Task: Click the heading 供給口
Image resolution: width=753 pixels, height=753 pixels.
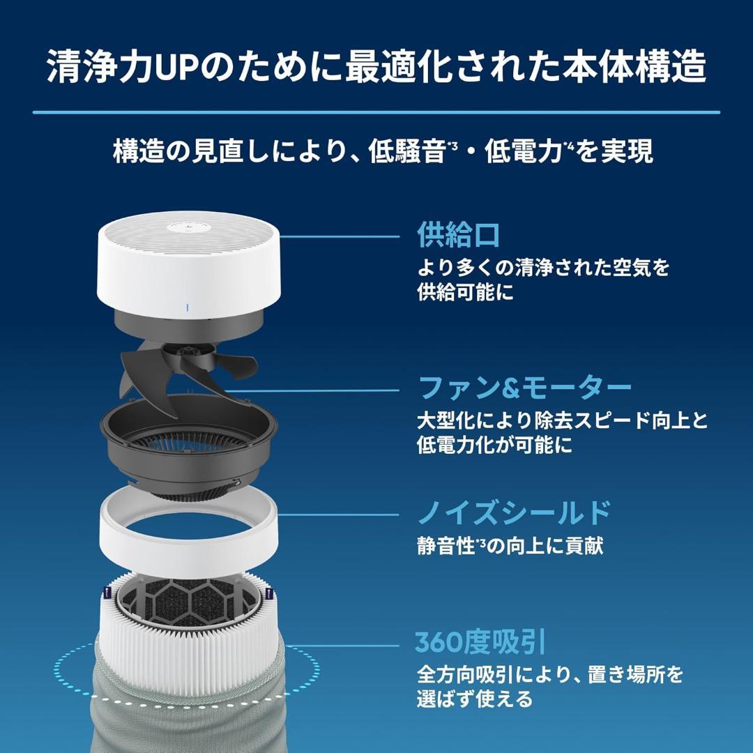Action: [x=458, y=236]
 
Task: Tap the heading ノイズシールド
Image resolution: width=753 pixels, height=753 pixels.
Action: [x=513, y=514]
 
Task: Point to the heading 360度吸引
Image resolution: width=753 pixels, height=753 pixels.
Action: [x=480, y=642]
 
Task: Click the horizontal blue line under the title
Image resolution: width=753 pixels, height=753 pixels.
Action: [x=376, y=112]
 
